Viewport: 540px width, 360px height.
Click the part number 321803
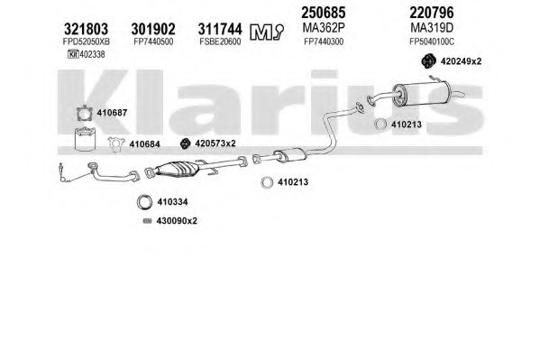(x=87, y=29)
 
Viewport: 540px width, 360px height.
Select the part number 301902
(x=153, y=29)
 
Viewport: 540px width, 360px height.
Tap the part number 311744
(x=220, y=29)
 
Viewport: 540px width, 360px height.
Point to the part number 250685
(x=324, y=13)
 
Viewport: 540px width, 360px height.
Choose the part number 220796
(x=432, y=13)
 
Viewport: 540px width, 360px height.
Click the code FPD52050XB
(x=87, y=42)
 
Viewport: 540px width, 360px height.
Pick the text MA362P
(x=324, y=27)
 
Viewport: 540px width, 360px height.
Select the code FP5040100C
(x=432, y=42)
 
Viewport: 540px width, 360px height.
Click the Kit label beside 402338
(x=73, y=54)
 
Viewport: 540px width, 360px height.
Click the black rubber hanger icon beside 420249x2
(x=429, y=61)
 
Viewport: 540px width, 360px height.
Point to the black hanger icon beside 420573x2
(x=186, y=143)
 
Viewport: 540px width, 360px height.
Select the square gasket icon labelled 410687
(x=85, y=114)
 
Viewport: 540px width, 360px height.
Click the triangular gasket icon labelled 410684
(x=116, y=144)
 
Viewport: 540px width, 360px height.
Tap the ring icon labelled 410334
(x=144, y=202)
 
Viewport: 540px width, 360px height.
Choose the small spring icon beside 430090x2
(x=148, y=221)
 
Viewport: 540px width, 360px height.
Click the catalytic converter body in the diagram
(x=177, y=169)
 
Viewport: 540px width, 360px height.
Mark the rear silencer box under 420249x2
(x=420, y=94)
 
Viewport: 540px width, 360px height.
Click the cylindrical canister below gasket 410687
(x=85, y=139)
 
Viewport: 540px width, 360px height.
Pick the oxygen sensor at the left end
(x=62, y=171)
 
